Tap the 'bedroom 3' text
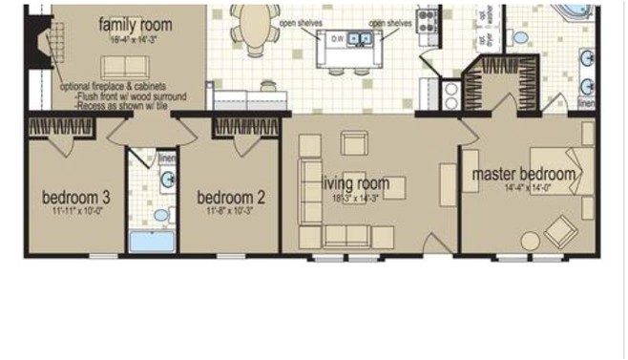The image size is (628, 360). (76, 198)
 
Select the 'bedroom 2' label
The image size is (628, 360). (230, 198)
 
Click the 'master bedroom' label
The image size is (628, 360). (524, 174)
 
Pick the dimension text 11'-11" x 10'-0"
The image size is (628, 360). (76, 211)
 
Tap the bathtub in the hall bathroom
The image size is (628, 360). (153, 240)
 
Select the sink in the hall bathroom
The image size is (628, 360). (166, 178)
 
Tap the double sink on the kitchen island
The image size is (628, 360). (360, 38)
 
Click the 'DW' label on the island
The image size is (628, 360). (337, 39)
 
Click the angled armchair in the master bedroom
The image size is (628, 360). (560, 230)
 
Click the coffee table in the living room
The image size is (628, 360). (394, 187)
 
